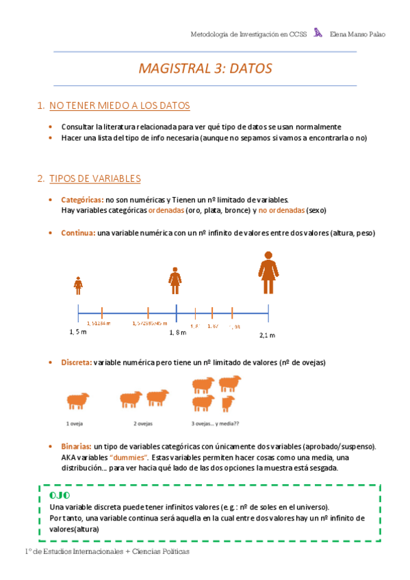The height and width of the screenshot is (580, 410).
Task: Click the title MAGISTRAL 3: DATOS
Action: [x=205, y=68]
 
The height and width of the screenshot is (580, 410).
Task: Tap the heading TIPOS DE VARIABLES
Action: [x=94, y=179]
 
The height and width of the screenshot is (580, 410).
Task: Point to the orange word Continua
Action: [x=77, y=233]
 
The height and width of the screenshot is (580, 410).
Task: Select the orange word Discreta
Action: [x=76, y=362]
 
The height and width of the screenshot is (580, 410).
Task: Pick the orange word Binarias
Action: [x=76, y=446]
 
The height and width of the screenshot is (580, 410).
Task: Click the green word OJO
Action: [x=60, y=495]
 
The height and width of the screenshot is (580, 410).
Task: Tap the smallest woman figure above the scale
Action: [x=79, y=284]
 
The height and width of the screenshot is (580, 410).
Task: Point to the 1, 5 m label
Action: [x=78, y=332]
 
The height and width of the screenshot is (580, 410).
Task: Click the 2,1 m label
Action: [x=267, y=335]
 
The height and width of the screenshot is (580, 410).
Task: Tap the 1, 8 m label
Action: [x=178, y=332]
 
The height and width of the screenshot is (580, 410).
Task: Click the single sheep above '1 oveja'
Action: [x=77, y=400]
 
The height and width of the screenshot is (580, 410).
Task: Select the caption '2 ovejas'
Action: [x=143, y=423]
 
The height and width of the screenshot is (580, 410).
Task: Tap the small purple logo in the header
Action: [x=318, y=32]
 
